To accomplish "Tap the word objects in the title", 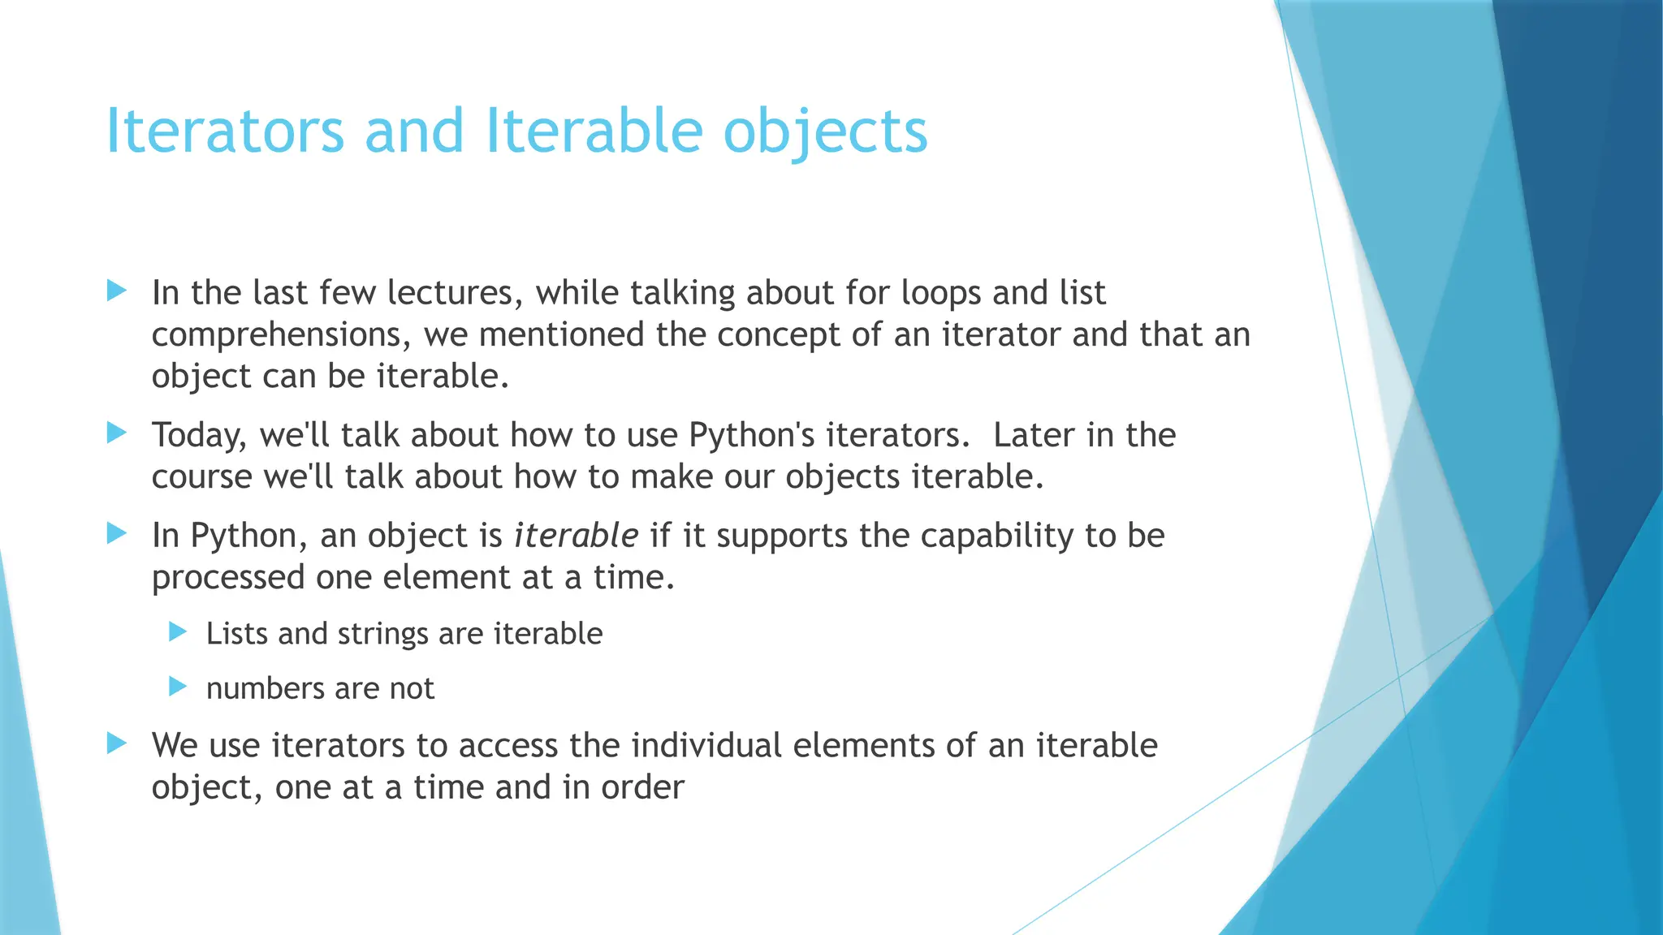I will pos(825,131).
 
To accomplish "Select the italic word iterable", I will pos(576,536).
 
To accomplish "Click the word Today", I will pos(198,436).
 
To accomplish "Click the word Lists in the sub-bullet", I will pos(236,634).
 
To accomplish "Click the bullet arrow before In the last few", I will pos(117,291).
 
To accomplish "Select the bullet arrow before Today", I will pos(117,433).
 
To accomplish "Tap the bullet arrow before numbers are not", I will pos(178,687).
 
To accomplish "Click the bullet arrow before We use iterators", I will pos(117,743).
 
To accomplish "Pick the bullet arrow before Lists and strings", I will pos(178,631).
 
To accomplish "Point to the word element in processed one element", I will pos(446,578).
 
